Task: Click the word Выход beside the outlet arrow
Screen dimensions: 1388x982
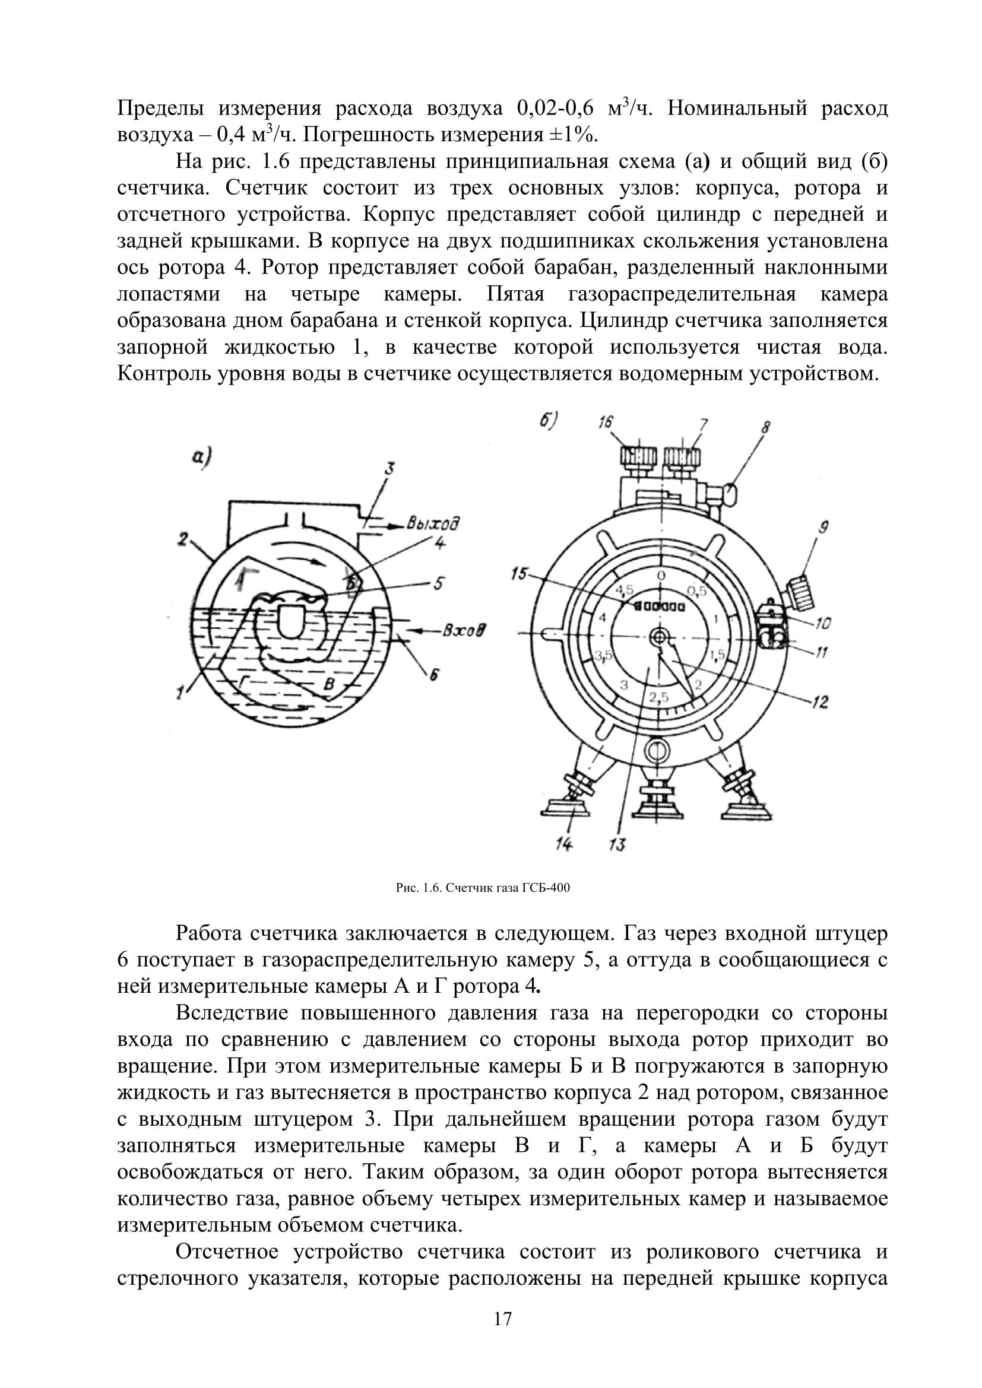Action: point(432,523)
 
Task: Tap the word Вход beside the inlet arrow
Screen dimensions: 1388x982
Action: point(465,632)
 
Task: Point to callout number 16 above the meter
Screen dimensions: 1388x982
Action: point(605,423)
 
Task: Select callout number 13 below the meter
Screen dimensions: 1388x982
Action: point(617,844)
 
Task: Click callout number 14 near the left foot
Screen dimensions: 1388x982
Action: point(564,844)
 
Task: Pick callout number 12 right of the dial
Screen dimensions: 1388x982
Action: point(821,702)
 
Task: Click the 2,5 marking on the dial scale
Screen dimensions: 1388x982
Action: point(659,697)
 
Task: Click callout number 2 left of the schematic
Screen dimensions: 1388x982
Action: point(183,538)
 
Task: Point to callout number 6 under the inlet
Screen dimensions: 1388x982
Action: point(433,675)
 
